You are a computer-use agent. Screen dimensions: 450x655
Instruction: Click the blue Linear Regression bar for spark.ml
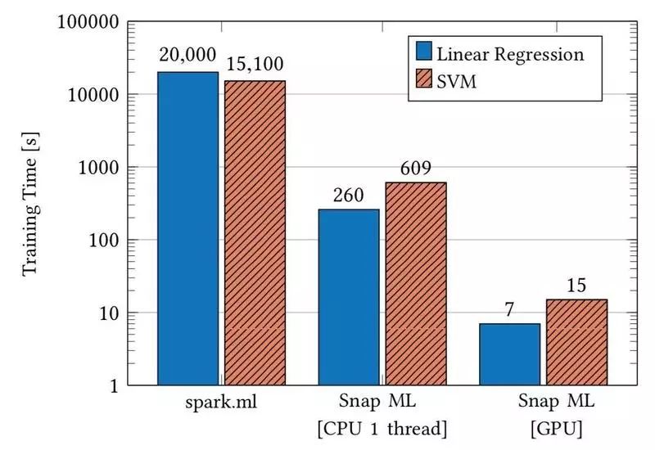tap(188, 228)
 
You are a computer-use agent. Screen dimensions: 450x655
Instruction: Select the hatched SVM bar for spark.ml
tap(255, 232)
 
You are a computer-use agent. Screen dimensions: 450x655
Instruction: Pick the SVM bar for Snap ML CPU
tap(416, 283)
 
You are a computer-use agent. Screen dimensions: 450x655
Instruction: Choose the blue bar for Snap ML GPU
tap(509, 354)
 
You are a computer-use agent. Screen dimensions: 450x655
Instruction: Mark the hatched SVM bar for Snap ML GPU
tap(576, 342)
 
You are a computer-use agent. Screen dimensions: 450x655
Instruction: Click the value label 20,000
tap(187, 57)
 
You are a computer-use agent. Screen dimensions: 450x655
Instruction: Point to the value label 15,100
tap(255, 65)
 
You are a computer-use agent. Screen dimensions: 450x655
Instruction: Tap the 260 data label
tap(349, 196)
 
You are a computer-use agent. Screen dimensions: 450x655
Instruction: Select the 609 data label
tap(416, 169)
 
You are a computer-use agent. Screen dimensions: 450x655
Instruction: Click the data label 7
tap(509, 309)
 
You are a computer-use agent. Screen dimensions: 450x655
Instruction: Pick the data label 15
tap(576, 286)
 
